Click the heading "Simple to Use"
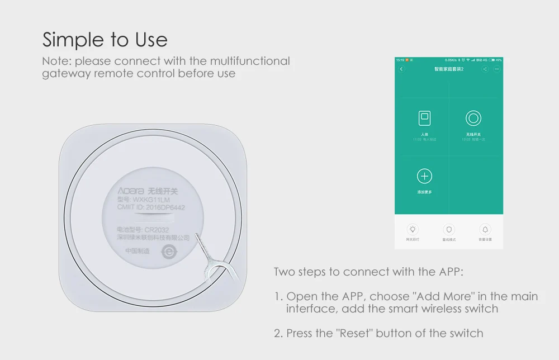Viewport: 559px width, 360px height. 105,40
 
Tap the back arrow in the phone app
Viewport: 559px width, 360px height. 401,69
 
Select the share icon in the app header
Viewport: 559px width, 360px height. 485,69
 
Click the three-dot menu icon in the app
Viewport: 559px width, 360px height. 496,69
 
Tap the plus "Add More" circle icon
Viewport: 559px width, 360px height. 425,177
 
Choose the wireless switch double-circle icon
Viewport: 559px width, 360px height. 473,118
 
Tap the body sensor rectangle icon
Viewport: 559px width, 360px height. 425,118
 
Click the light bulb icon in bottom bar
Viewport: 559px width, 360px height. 413,229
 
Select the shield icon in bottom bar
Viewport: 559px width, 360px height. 449,229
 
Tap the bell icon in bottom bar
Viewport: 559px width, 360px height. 485,229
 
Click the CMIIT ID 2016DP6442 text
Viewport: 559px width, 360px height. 151,207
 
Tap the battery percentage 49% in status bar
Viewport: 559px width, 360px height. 499,60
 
